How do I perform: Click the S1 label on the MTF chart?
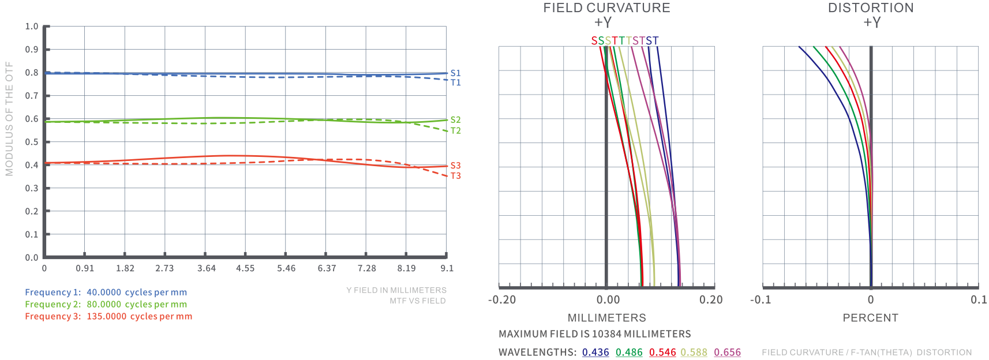[x=455, y=73]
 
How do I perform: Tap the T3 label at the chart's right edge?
[x=455, y=176]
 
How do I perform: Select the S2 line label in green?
[x=455, y=120]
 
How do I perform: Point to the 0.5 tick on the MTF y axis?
[x=32, y=142]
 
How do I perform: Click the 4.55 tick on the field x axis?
[x=245, y=268]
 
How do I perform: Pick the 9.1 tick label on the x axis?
[x=447, y=268]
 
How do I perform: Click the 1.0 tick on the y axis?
[x=32, y=27]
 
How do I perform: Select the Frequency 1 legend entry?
[x=106, y=292]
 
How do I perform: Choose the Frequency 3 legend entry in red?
[x=108, y=316]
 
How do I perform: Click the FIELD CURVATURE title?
[x=606, y=8]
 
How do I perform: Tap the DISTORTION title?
[x=871, y=8]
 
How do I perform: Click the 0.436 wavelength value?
[x=595, y=352]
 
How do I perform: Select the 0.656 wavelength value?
[x=727, y=352]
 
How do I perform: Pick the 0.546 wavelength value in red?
[x=662, y=352]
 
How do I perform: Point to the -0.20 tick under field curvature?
[x=502, y=300]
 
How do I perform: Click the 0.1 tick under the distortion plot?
[x=979, y=300]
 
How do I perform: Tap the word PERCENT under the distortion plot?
[x=870, y=318]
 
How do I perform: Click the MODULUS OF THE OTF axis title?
[x=9, y=118]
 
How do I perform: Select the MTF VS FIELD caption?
[x=417, y=301]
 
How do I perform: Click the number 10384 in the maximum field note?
[x=606, y=334]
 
